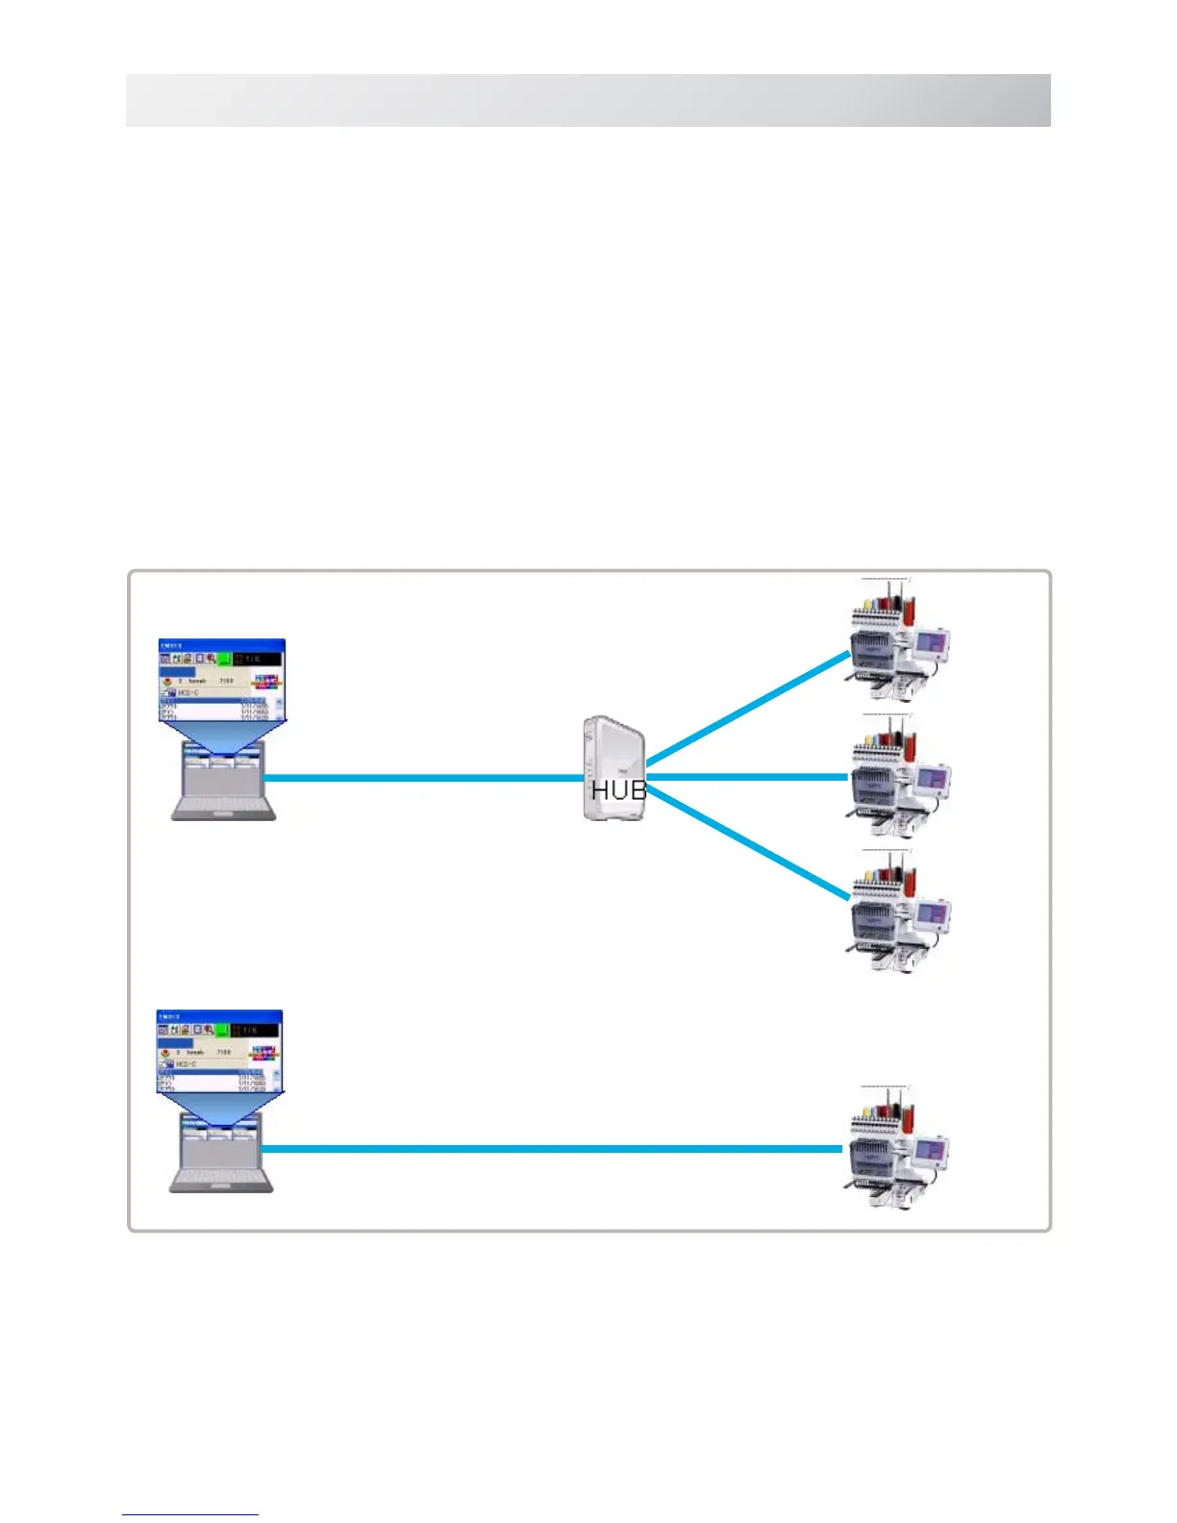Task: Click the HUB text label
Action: [x=618, y=790]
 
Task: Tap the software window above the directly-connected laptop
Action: [x=219, y=1051]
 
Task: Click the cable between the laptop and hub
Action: [x=423, y=778]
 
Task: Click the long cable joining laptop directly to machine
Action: [x=553, y=1149]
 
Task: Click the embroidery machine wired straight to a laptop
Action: [x=895, y=1149]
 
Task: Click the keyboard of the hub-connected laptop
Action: [x=223, y=807]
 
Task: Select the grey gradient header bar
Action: [x=588, y=100]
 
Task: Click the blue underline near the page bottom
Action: [x=190, y=1515]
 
